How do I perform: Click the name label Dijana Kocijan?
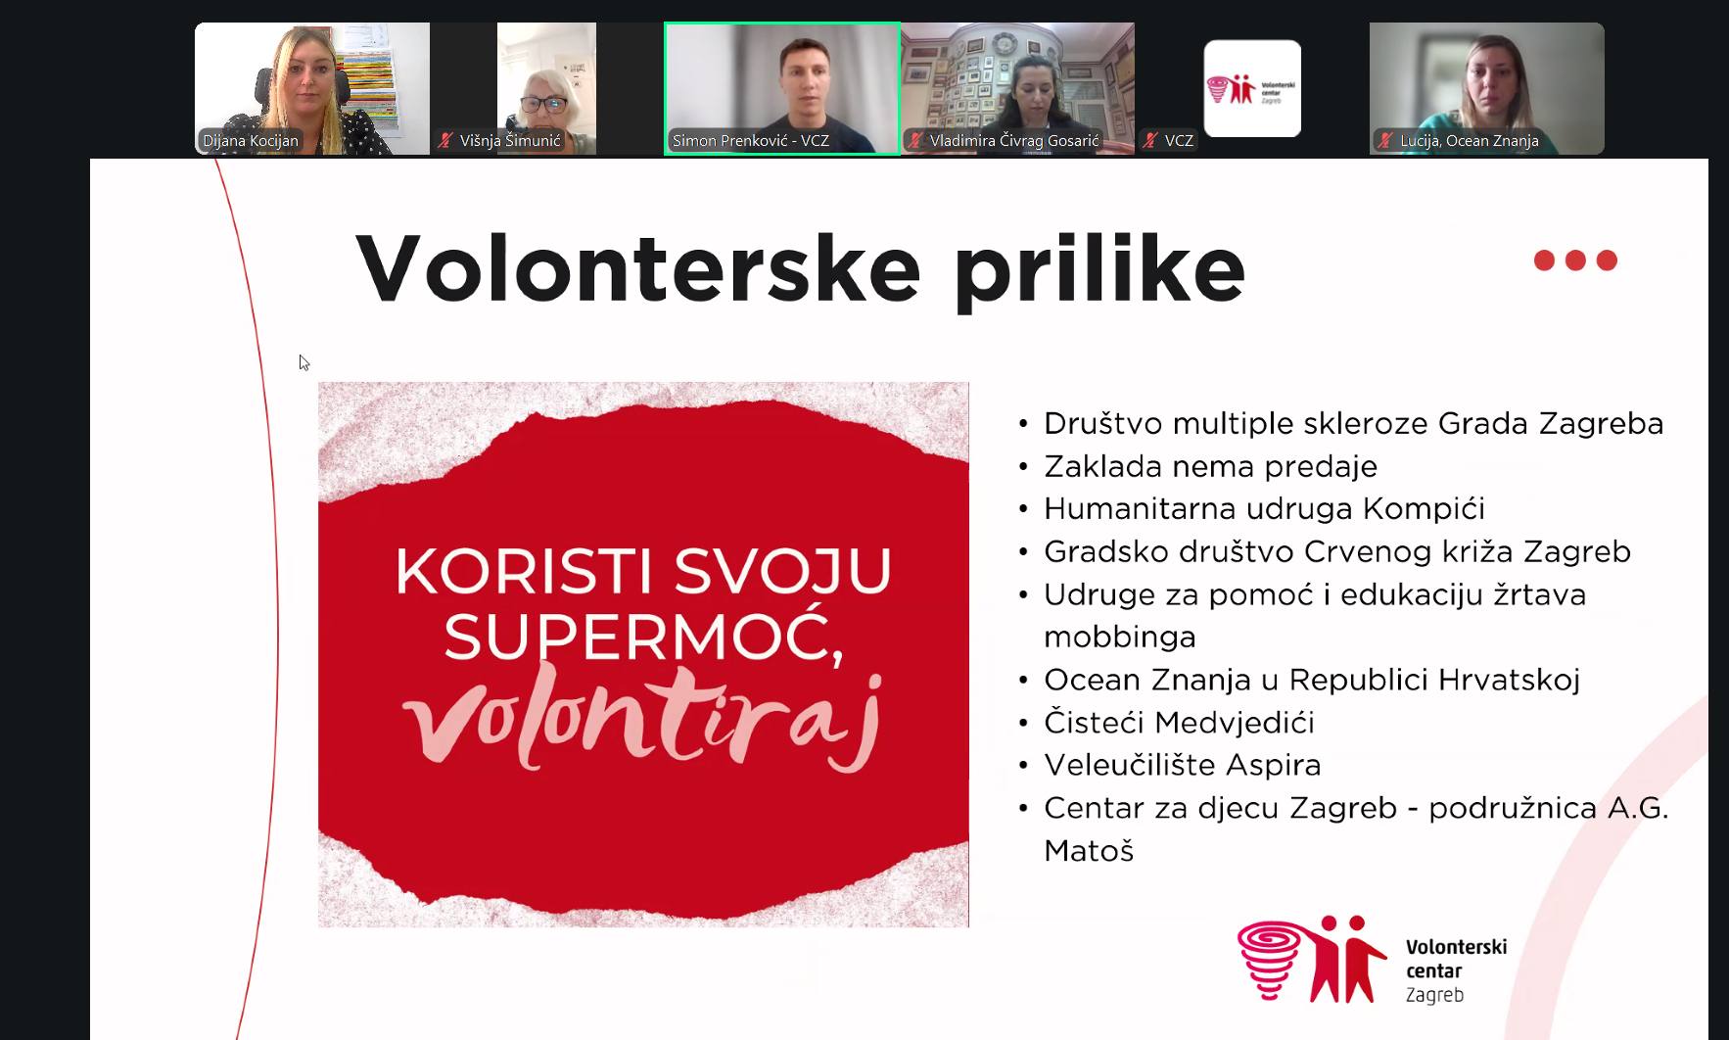click(251, 141)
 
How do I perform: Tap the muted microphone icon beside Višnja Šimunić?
click(446, 141)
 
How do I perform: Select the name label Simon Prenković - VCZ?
click(751, 141)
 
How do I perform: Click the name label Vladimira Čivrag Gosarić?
click(1014, 141)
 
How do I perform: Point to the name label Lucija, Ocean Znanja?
click(1470, 141)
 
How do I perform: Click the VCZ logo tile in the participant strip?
click(1252, 89)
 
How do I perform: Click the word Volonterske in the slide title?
click(638, 267)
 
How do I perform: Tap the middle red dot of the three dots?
click(1575, 260)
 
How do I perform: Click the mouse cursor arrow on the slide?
click(304, 362)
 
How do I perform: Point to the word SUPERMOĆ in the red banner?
click(643, 637)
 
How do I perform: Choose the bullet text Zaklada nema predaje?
click(1210, 466)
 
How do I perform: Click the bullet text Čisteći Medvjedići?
click(1179, 723)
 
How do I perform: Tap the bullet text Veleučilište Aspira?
click(1182, 765)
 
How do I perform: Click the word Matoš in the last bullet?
click(1089, 851)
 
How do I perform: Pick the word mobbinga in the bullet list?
click(1119, 638)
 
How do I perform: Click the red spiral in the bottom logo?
click(1270, 959)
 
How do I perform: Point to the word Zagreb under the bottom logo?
click(1434, 996)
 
